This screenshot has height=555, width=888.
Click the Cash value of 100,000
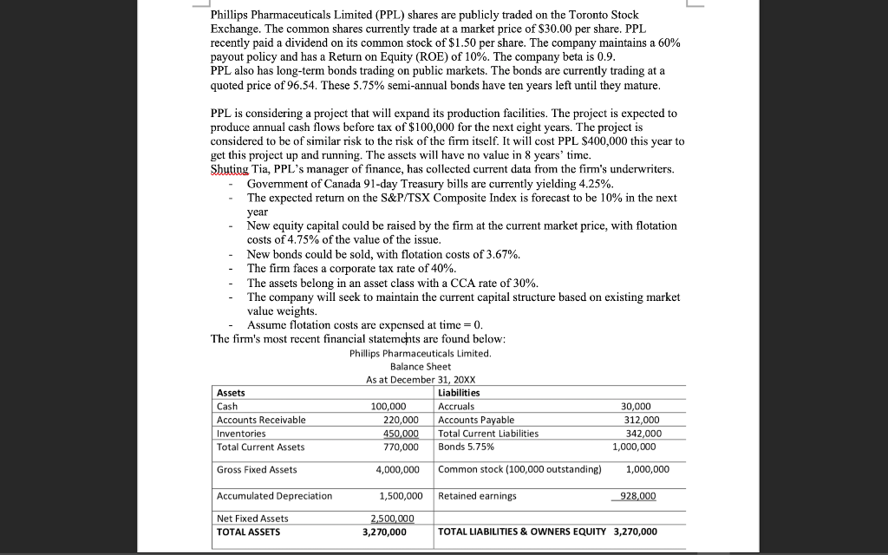click(x=388, y=406)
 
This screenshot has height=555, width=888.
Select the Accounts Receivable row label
click(x=261, y=420)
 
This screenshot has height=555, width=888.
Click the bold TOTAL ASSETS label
click(x=248, y=532)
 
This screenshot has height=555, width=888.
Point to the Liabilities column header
click(x=460, y=393)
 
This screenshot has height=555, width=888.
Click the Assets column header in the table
click(x=231, y=393)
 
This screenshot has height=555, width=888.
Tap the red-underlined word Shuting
click(x=229, y=169)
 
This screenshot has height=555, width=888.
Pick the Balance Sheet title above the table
click(x=421, y=367)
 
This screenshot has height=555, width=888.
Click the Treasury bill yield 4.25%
click(x=592, y=184)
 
